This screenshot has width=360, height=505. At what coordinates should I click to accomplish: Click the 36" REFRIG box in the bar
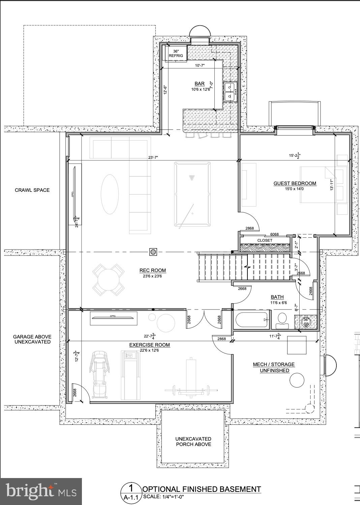click(x=176, y=54)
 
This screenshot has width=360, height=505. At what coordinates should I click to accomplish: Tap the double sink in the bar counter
click(x=231, y=92)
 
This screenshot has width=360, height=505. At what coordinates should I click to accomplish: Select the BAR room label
click(x=200, y=84)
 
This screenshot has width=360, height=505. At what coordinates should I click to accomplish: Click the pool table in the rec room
click(x=192, y=194)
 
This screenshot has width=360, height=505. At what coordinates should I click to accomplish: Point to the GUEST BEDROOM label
click(x=295, y=183)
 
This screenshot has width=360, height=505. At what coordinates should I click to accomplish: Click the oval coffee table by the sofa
click(x=110, y=194)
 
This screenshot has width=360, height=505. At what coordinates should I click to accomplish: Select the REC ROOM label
click(x=153, y=270)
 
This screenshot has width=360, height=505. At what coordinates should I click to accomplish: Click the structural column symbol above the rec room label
click(x=153, y=252)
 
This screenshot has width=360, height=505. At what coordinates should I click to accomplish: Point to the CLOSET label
click(x=265, y=240)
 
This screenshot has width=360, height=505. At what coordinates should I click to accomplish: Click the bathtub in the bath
click(x=251, y=320)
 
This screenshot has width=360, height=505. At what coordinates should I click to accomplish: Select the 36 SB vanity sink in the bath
click(x=306, y=322)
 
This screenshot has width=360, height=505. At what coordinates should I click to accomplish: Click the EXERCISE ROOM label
click(x=149, y=345)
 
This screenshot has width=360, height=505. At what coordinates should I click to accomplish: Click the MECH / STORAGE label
click(x=274, y=364)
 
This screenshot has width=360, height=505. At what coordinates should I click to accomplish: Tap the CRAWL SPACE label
click(x=32, y=190)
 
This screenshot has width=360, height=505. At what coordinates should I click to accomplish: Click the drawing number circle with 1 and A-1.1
click(x=131, y=493)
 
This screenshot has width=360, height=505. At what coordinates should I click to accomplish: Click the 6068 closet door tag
click(x=274, y=234)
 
